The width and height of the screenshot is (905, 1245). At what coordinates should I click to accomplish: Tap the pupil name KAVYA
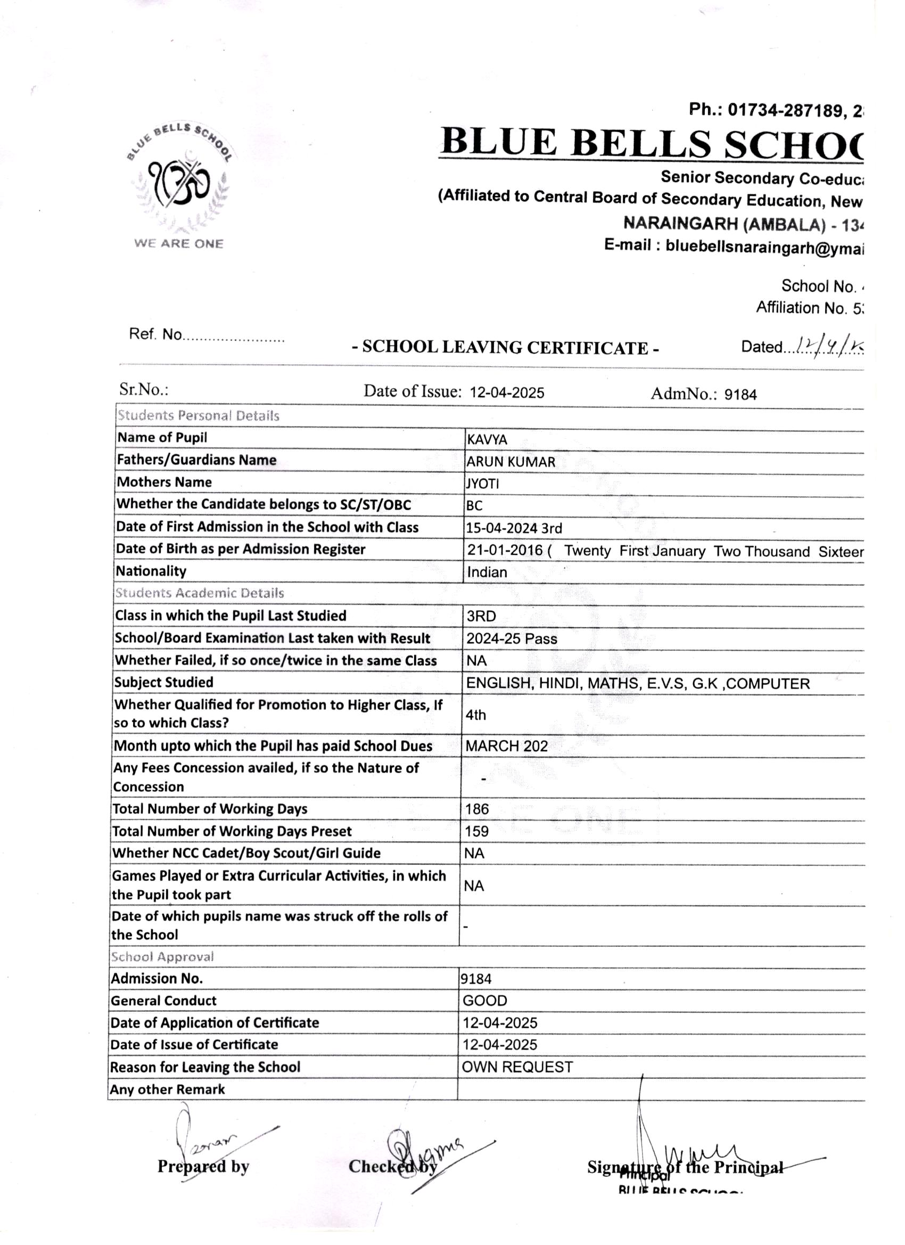487,440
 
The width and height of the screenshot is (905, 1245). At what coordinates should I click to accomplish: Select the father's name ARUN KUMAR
511,462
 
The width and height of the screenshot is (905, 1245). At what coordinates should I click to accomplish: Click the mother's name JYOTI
482,484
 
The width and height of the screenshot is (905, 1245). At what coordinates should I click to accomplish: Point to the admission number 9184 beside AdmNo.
740,395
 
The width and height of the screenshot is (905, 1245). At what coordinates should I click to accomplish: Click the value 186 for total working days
476,809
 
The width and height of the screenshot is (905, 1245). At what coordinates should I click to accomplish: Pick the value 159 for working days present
476,831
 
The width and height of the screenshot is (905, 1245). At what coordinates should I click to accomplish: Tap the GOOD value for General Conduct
484,1001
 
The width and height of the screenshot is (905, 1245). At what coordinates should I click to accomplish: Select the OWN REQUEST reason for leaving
517,1067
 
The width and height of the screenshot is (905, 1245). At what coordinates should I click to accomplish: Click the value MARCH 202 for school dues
507,746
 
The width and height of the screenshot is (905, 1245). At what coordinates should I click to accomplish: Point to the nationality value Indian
487,572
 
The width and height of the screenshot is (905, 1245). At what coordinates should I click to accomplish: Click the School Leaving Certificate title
505,348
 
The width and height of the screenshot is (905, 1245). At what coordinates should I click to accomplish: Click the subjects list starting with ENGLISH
638,684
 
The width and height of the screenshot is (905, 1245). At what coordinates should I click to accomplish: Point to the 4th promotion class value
476,715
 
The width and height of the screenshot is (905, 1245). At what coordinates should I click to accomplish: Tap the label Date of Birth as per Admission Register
241,550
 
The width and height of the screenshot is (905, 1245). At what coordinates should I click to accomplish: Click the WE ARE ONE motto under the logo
179,244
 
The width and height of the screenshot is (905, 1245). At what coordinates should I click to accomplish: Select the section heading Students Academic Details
199,593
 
